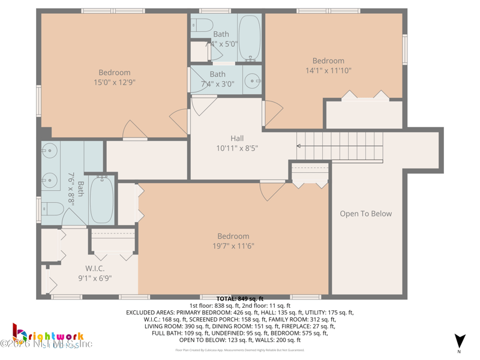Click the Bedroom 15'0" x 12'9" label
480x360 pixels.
tap(114, 77)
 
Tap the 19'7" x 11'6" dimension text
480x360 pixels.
tap(233, 246)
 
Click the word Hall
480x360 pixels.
tap(237, 138)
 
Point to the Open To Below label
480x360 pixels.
tap(365, 214)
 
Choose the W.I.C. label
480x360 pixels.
tap(95, 268)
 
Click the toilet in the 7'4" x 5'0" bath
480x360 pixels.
tap(201, 25)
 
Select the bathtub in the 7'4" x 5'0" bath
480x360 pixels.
tap(249, 38)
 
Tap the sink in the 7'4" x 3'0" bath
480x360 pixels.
tap(253, 81)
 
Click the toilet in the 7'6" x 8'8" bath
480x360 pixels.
tap(53, 209)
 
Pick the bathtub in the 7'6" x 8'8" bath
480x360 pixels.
tap(101, 199)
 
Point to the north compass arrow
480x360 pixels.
tap(459, 340)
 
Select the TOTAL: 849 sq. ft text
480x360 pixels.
tap(240, 298)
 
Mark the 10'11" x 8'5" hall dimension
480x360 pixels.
tap(237, 148)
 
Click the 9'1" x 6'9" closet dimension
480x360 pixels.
tap(95, 278)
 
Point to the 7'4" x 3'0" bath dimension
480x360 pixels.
tap(217, 84)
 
